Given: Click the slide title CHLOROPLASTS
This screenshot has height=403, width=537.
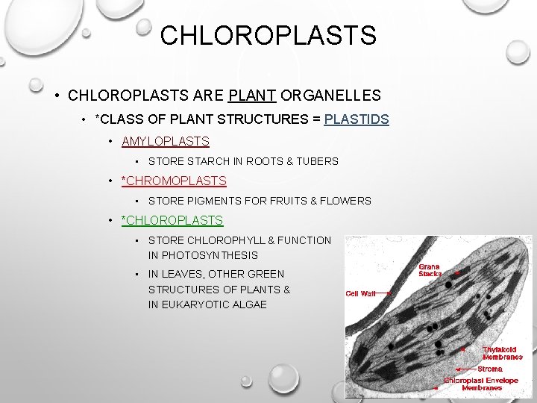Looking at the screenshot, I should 268,35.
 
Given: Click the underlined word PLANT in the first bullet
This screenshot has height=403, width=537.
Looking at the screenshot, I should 252,96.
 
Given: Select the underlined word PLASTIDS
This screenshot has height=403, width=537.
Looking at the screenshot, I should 357,119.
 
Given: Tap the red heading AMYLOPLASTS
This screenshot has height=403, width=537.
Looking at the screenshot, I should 165,141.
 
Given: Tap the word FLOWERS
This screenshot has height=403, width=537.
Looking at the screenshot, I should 345,201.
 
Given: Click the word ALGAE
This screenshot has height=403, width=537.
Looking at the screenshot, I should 250,304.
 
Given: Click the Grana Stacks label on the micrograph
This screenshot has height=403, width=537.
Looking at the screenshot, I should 429,269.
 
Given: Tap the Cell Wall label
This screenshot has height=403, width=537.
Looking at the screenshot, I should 360,294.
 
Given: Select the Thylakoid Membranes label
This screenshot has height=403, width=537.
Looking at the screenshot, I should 503,353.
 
